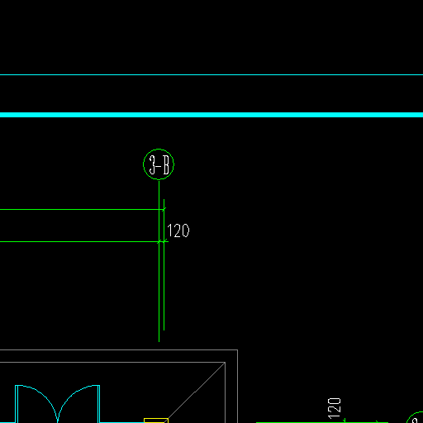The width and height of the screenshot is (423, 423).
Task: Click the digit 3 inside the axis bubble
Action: point(152,164)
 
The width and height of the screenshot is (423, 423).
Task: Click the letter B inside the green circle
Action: point(166,164)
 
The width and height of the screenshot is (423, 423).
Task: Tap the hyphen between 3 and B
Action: point(159,165)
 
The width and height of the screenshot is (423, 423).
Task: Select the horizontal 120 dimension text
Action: point(178,231)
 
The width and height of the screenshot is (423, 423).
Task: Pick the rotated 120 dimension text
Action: point(334,408)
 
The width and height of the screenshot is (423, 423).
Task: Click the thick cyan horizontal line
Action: point(211,115)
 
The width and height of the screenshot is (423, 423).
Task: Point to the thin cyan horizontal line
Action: point(211,74)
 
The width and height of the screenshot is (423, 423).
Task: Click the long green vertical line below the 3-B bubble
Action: point(159,261)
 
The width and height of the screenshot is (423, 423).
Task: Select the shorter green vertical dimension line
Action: point(164,264)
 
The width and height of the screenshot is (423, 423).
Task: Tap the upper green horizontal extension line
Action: point(82,210)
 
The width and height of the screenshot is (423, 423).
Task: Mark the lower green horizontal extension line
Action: point(82,242)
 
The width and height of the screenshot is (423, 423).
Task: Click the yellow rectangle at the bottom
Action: point(156,421)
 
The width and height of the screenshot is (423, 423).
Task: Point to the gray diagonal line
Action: point(197,392)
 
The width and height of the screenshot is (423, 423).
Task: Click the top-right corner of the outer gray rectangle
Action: point(237,350)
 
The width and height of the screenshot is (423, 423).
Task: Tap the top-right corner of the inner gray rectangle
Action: point(225,363)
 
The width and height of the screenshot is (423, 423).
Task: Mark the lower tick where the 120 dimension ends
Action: point(164,242)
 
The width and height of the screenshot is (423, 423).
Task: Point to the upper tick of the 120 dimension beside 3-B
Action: point(164,210)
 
